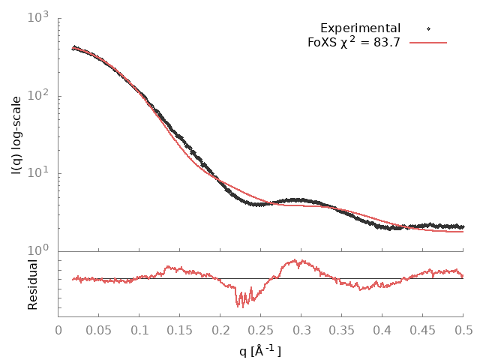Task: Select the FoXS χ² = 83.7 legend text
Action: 355,42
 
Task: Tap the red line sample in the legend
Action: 428,43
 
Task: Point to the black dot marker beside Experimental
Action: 428,28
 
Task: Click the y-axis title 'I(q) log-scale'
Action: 16,136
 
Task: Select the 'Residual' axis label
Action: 32,284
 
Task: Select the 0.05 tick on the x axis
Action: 99,329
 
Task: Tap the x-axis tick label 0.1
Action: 139,329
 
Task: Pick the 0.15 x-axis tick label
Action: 180,329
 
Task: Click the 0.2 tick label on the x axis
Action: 220,329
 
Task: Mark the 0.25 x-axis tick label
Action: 261,329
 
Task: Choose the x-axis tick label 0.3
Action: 301,329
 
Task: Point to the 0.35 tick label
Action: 342,329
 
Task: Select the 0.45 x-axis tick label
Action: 423,329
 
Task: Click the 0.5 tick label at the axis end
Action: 463,329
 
